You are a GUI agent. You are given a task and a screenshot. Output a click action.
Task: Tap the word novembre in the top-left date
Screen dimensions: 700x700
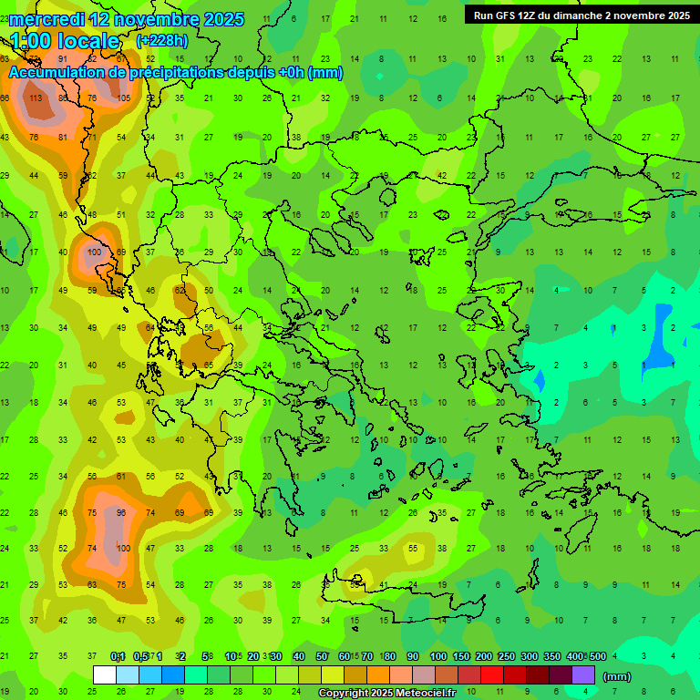click(x=152, y=19)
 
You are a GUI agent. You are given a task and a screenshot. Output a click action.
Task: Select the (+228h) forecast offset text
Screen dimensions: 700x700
click(x=162, y=41)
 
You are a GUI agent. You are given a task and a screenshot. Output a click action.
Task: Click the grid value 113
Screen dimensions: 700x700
click(x=36, y=98)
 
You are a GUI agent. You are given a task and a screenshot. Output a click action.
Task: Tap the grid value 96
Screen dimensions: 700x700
click(x=121, y=513)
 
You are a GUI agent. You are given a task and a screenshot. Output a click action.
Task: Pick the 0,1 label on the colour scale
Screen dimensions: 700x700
click(x=118, y=657)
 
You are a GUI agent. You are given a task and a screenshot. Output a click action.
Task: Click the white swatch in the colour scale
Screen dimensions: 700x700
click(x=105, y=674)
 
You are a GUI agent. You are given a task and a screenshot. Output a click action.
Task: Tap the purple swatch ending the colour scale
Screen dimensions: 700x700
click(x=583, y=674)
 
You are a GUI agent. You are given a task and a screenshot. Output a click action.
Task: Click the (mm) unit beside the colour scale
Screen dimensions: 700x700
click(x=617, y=676)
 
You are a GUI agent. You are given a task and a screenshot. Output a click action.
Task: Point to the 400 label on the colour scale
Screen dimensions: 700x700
click(x=574, y=657)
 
